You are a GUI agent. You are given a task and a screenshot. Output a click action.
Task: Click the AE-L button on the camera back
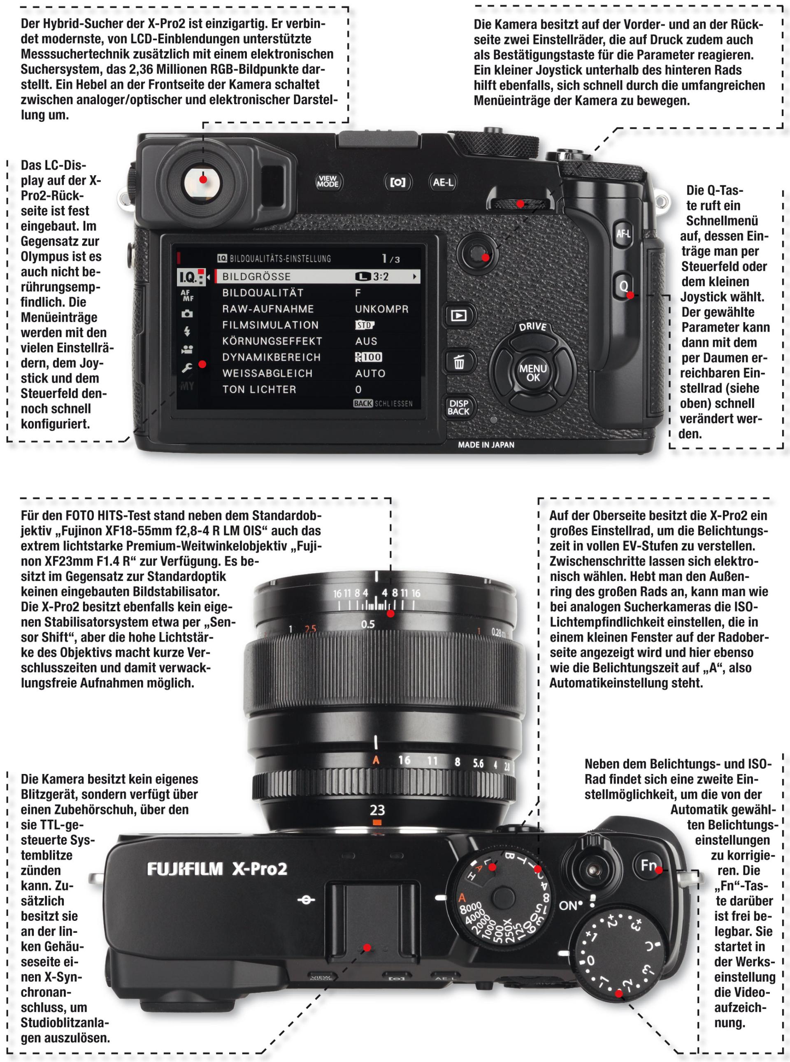[443, 182]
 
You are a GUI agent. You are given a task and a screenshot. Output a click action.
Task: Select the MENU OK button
[533, 372]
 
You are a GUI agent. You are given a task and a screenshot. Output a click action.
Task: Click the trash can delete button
[459, 362]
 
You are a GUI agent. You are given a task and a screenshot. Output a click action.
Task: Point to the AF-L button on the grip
[623, 234]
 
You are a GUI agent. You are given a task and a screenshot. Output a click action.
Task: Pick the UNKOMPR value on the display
[381, 309]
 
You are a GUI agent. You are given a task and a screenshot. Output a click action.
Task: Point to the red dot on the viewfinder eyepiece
[203, 180]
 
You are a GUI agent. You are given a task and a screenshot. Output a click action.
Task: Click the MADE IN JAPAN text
[486, 445]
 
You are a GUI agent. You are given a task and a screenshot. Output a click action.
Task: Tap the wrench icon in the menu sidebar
[187, 368]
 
